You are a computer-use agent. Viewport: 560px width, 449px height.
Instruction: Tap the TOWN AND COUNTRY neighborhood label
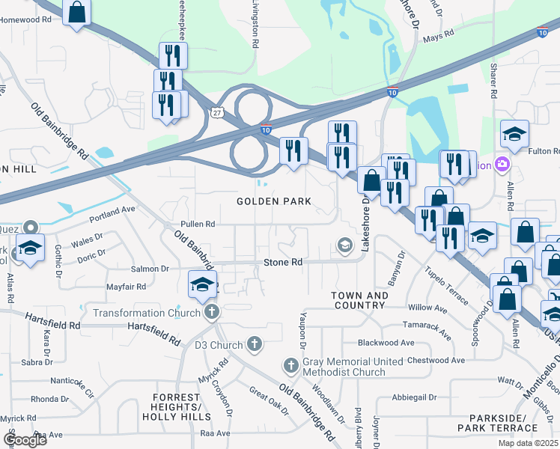[x=360, y=300]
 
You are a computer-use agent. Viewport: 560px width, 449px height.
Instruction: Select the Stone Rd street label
[x=282, y=263]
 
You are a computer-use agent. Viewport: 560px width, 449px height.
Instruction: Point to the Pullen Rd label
[x=198, y=224]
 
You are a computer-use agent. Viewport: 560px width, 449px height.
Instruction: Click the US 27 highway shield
[x=216, y=112]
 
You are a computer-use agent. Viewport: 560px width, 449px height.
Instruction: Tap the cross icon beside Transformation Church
[x=212, y=312]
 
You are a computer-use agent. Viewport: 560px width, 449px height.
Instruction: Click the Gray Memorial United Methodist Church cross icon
[x=292, y=365]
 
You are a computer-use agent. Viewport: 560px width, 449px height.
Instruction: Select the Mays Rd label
[x=439, y=35]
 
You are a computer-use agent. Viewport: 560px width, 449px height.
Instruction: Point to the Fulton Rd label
[x=544, y=151]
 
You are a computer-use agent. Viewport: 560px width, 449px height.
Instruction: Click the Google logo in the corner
[x=25, y=440]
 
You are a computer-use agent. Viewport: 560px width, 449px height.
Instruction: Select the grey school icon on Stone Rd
[x=344, y=245]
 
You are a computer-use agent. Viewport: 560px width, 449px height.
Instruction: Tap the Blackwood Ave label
[x=386, y=343]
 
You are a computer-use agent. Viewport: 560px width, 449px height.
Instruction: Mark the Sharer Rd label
[x=493, y=81]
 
